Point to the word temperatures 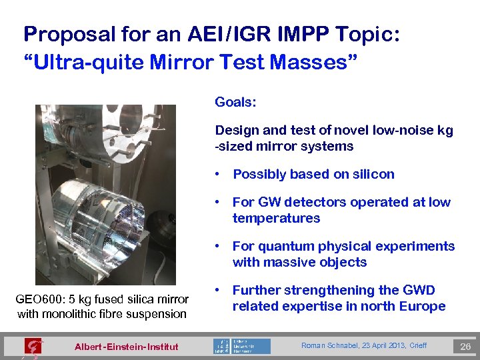276,218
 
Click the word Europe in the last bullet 421,306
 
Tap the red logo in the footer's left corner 32,346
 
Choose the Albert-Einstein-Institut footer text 126,347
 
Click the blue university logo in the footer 242,346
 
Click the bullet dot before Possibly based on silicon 218,175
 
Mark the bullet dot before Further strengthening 218,291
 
